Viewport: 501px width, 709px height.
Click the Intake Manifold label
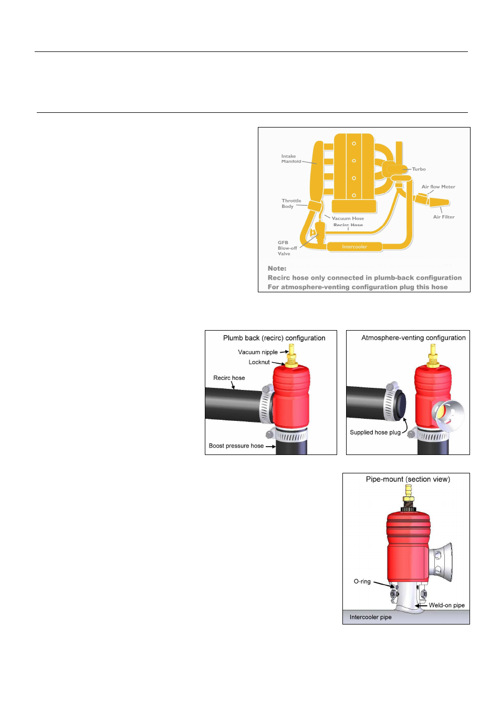[x=291, y=159]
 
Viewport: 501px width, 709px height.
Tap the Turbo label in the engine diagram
[x=419, y=169]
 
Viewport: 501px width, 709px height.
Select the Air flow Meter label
[x=438, y=187]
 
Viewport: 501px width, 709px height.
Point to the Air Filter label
[x=444, y=217]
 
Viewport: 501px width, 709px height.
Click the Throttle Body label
[x=291, y=204]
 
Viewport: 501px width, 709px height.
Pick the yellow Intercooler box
[x=354, y=247]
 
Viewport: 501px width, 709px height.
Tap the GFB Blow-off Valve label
[x=287, y=248]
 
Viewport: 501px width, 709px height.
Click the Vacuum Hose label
[x=348, y=218]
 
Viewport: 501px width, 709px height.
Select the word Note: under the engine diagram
[x=277, y=268]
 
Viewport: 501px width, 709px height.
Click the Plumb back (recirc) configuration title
[x=274, y=338]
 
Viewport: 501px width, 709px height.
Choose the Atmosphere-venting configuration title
[x=413, y=338]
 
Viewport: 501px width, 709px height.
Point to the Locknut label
[x=259, y=362]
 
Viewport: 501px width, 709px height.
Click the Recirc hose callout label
[x=229, y=378]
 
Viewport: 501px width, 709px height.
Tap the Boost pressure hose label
[x=236, y=446]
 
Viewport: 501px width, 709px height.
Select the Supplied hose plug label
[x=375, y=432]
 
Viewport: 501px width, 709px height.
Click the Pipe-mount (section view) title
[x=408, y=479]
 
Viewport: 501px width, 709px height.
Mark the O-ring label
[x=362, y=581]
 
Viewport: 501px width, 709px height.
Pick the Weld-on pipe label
[x=446, y=605]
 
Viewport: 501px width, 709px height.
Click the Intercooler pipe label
[x=370, y=617]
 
